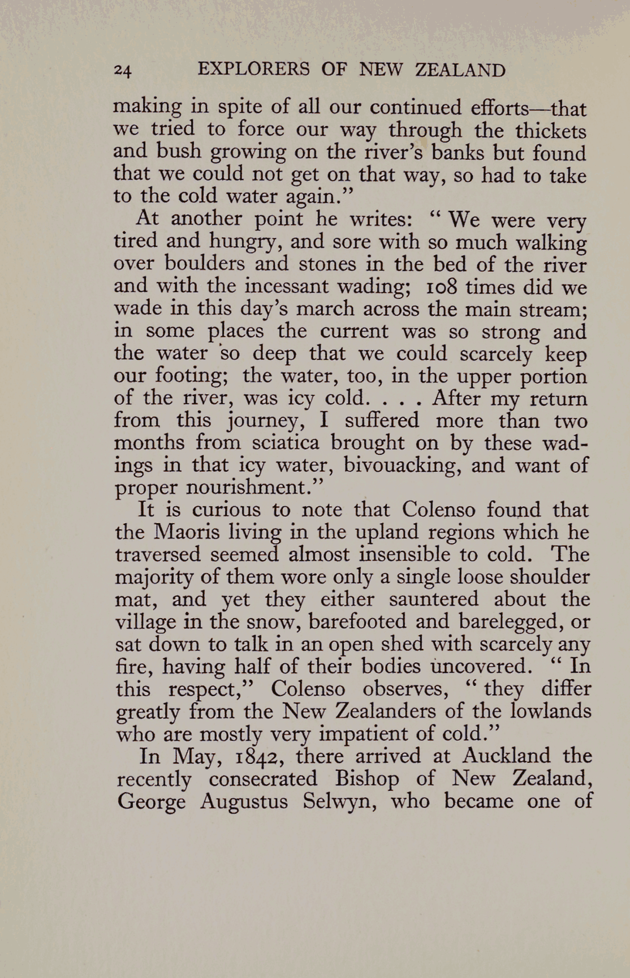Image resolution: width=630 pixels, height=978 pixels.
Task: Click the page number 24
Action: [123, 71]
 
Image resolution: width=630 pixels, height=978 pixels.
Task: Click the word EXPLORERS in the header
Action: [254, 69]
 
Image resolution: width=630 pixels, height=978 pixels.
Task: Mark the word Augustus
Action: [244, 802]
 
